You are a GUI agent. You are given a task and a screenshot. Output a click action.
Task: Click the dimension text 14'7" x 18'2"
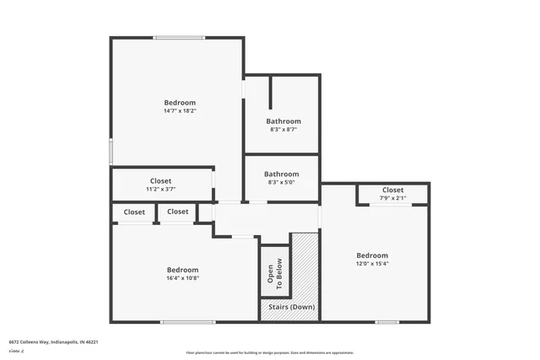point(181,110)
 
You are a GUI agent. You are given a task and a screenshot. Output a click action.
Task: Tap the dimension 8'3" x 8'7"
point(283,130)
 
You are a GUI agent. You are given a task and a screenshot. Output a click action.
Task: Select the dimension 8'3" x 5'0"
point(282,182)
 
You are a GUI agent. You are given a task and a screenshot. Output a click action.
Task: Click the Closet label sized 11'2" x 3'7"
point(160,180)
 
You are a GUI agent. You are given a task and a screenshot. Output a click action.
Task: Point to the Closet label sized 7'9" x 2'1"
point(392,190)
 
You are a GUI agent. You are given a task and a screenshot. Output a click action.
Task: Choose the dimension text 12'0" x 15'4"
point(372,264)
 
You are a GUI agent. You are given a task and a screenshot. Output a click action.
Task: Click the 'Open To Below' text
point(275,271)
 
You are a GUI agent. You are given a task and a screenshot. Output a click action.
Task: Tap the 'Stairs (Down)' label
point(290,307)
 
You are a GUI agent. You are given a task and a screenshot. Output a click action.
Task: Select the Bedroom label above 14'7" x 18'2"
point(181,102)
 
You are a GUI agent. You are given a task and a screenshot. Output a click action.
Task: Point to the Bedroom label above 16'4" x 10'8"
point(182,269)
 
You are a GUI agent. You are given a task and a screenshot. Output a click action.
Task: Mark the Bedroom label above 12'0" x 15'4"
point(372,255)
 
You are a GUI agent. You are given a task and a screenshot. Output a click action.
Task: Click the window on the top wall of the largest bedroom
point(179,37)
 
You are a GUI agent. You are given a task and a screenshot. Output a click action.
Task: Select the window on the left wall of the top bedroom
point(111,152)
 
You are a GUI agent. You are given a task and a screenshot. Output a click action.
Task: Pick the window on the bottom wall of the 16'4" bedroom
point(188,321)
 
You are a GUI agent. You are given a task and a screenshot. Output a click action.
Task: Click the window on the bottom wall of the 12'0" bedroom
point(387,321)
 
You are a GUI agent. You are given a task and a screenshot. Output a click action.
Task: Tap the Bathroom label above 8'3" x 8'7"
point(283,121)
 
